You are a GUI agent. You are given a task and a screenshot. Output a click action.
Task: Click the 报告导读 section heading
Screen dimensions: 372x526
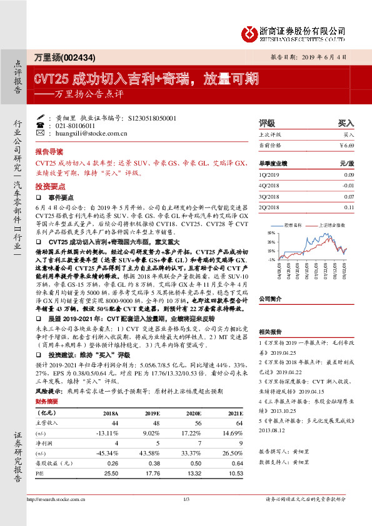point(49,152)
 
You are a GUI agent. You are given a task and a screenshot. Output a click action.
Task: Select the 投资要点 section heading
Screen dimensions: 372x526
point(49,186)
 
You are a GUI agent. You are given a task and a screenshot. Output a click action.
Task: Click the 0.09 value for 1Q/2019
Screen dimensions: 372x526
point(349,175)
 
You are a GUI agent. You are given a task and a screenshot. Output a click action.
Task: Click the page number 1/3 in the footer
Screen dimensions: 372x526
point(186,516)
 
